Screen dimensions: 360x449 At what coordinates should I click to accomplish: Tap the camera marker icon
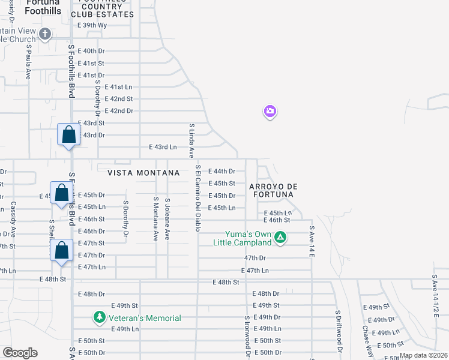[270, 111]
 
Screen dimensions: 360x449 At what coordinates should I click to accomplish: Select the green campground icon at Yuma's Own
[280, 238]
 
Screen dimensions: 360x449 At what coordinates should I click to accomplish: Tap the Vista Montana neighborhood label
[143, 173]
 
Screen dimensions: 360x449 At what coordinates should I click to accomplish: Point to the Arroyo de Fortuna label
[274, 190]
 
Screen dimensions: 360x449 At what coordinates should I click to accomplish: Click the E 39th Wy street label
[92, 25]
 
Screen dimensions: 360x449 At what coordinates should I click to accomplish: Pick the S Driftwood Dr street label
[338, 331]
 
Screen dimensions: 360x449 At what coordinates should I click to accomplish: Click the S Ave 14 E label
[312, 241]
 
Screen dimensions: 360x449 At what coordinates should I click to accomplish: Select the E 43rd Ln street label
[163, 147]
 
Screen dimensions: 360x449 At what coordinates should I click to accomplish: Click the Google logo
[20, 353]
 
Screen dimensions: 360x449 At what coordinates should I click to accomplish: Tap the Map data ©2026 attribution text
[423, 355]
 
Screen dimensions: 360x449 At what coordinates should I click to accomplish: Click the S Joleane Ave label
[167, 220]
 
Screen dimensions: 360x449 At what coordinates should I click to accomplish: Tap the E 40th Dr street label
[92, 51]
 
